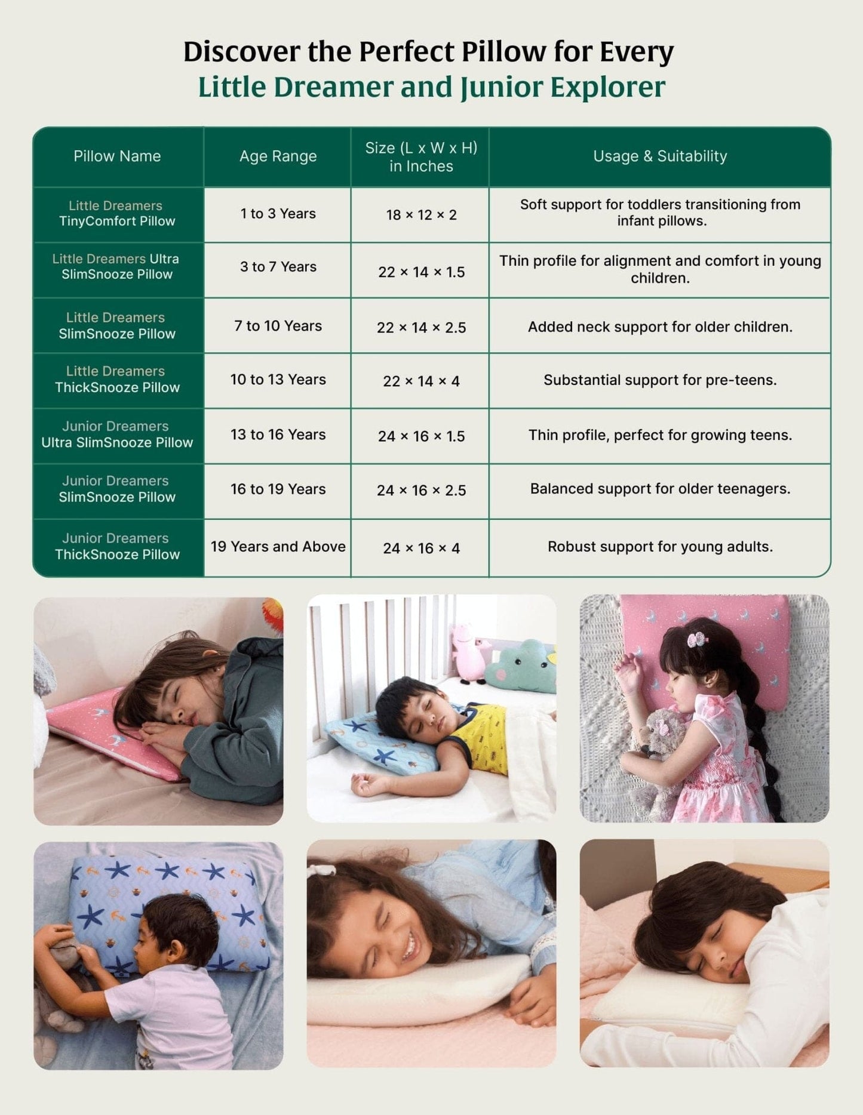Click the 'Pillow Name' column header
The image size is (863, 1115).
point(117,156)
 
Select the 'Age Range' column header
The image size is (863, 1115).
point(278,156)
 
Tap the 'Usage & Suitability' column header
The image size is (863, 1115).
point(660,156)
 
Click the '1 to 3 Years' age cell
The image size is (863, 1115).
point(278,214)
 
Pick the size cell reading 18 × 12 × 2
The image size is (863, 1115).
point(421,215)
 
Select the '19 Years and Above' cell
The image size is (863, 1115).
point(278,547)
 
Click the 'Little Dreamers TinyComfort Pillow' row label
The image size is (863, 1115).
point(117,214)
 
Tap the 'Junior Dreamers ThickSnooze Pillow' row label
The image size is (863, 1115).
point(117,547)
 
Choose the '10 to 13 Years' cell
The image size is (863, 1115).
point(278,380)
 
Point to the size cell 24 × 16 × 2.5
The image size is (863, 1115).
point(421,491)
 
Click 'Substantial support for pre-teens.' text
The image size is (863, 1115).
point(660,380)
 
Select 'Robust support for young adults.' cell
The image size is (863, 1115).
point(660,547)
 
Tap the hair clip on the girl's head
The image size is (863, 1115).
point(697,640)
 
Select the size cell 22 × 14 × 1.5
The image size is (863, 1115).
point(421,272)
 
